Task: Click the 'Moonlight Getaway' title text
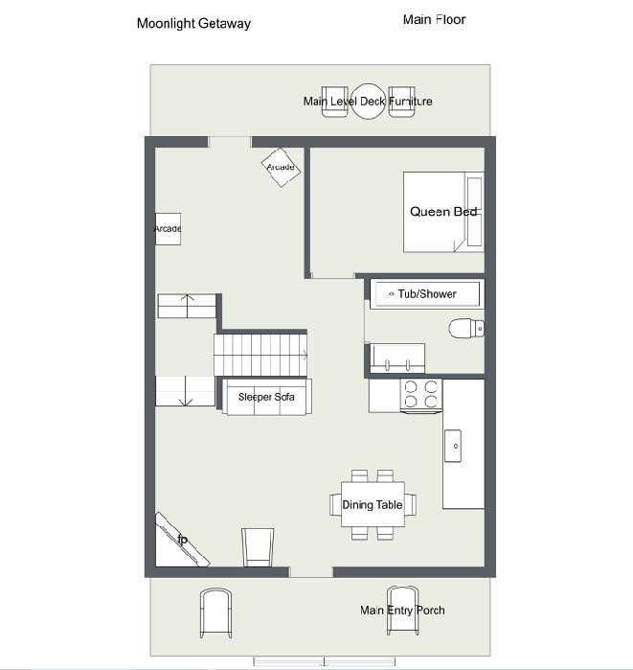193,24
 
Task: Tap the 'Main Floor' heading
434,19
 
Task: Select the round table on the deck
369,102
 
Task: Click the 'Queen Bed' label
443,212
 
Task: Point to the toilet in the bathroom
466,328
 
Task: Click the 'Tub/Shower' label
427,294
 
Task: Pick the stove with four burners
420,396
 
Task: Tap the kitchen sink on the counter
452,446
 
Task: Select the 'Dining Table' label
373,504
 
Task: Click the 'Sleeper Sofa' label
266,397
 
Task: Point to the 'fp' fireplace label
182,540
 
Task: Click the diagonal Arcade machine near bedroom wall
281,167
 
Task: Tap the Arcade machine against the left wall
168,229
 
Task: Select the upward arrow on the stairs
187,306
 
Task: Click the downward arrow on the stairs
186,391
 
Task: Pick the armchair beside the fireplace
258,547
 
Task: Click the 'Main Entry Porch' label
402,611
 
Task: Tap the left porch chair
216,613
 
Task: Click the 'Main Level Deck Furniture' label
368,102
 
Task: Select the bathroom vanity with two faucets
397,358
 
